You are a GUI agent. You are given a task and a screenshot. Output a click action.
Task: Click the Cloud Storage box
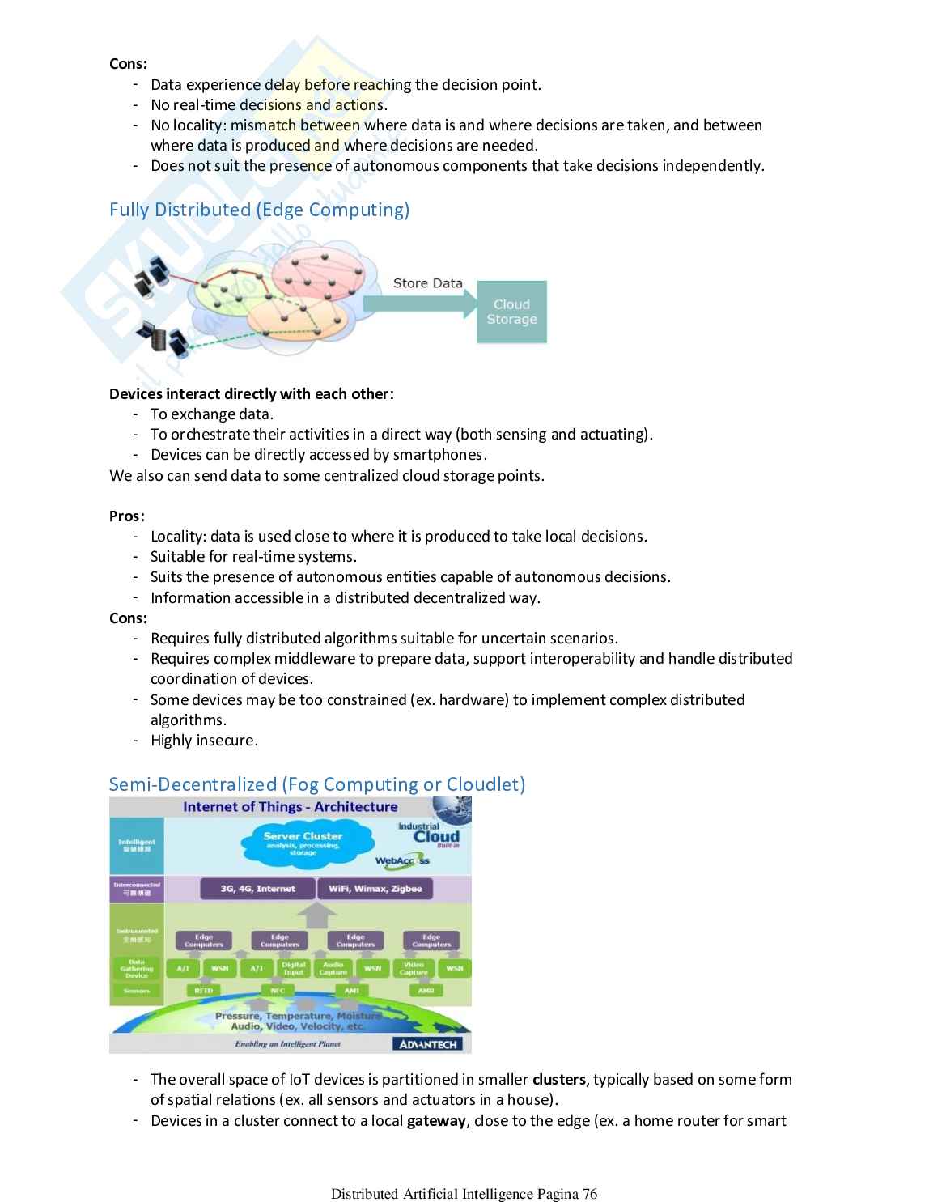point(511,312)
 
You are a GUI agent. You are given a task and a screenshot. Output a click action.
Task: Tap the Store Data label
point(427,283)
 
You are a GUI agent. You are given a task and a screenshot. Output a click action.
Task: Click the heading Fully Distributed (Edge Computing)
point(259,210)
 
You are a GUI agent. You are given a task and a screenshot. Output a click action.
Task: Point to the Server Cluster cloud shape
point(303,843)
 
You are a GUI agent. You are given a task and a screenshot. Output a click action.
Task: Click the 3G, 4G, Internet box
point(257,889)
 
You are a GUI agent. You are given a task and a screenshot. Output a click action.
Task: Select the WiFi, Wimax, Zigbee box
point(375,889)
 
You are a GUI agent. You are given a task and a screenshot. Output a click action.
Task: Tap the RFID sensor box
point(203,990)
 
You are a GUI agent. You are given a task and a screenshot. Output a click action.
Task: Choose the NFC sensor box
point(278,990)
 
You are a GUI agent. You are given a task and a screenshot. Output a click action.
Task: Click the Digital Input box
point(293,968)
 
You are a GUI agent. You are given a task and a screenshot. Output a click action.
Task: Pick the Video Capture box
point(414,968)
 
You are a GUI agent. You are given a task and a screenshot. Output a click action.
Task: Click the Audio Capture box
point(333,968)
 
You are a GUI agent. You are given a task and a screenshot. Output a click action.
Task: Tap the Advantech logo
point(428,1044)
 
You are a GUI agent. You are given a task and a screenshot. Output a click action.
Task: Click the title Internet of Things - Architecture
point(290,807)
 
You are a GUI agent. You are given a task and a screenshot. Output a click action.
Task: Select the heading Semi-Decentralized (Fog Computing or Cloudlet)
point(317,784)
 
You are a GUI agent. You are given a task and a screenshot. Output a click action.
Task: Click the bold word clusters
point(559,1080)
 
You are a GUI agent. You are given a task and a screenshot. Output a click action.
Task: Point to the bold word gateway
point(436,1121)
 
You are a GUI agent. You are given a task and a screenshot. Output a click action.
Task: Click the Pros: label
point(127,516)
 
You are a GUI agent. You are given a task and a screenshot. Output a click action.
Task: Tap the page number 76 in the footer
point(589,1194)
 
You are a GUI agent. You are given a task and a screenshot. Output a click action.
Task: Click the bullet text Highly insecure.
point(204,741)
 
